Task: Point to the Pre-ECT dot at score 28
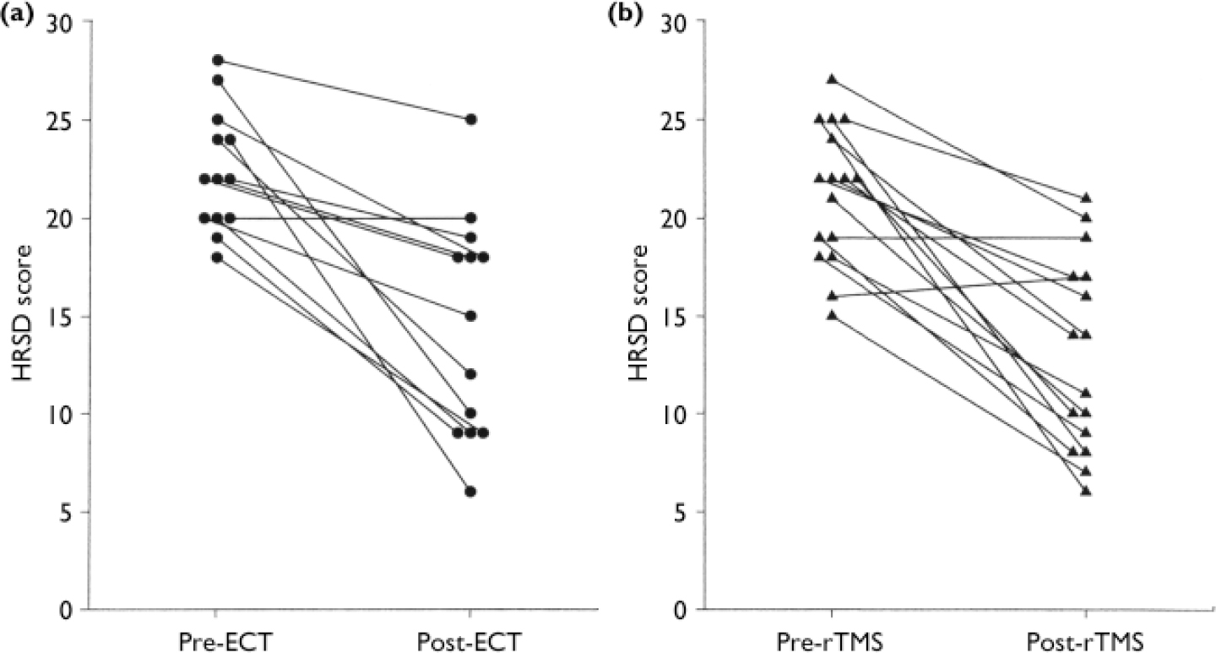[x=217, y=60]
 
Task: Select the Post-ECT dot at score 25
[x=470, y=119]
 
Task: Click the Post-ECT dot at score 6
[x=470, y=492]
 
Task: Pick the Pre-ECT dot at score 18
[x=217, y=257]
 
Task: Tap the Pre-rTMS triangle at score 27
[x=832, y=79]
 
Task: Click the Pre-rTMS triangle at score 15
[x=832, y=315]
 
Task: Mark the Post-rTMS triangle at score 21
[x=1086, y=198]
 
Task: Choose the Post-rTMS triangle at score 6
[x=1086, y=491]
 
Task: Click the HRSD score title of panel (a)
[x=26, y=315]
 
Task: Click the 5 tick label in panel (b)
[x=682, y=512]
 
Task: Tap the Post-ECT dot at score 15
[x=470, y=316]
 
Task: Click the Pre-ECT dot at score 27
[x=217, y=79]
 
